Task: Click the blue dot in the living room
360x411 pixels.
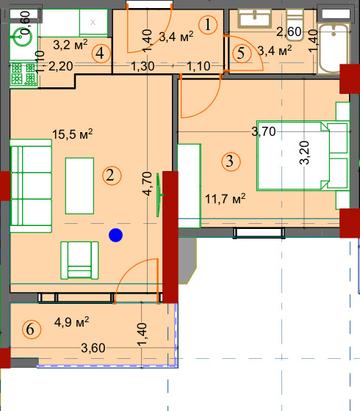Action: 116,235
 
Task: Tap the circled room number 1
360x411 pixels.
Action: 208,25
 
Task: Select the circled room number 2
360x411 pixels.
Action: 112,175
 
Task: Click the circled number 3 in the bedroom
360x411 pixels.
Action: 231,161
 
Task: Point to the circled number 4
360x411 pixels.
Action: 101,54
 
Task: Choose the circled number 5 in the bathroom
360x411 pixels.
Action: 242,54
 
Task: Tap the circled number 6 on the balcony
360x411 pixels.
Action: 32,330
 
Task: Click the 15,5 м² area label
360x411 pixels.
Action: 73,134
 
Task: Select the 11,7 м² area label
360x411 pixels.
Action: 225,199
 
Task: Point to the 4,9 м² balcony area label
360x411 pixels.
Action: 72,321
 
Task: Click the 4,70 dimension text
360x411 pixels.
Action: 148,183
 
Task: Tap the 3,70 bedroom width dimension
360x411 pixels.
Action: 264,131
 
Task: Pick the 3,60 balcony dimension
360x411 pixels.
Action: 93,348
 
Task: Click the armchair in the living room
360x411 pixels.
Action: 79,261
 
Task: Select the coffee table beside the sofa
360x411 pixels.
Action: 79,186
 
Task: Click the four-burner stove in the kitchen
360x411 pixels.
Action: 24,74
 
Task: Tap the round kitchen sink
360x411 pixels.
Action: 21,37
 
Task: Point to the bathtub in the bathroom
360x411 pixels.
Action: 334,48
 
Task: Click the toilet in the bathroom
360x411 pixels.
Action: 295,25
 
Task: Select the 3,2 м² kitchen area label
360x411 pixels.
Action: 71,45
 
